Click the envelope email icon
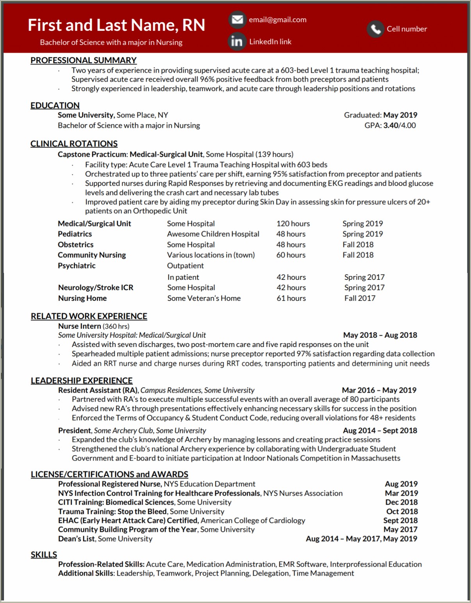tap(237, 20)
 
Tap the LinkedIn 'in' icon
tap(237, 41)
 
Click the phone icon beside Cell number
tap(375, 29)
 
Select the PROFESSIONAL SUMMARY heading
tap(84, 60)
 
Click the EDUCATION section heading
tap(55, 105)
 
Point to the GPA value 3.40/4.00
tap(400, 125)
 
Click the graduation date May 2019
tap(400, 115)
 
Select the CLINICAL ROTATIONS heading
tap(74, 144)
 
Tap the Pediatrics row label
tap(75, 234)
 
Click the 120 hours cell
tap(293, 224)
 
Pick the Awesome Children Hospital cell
tap(213, 234)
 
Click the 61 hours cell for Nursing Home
tap(291, 298)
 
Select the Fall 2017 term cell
tap(360, 298)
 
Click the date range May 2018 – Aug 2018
tap(380, 335)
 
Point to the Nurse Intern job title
tap(80, 326)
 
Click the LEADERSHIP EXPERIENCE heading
tap(82, 381)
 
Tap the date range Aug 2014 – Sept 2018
tap(380, 430)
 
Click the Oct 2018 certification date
tap(402, 511)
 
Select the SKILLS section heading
tap(44, 555)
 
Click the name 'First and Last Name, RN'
tap(116, 25)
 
